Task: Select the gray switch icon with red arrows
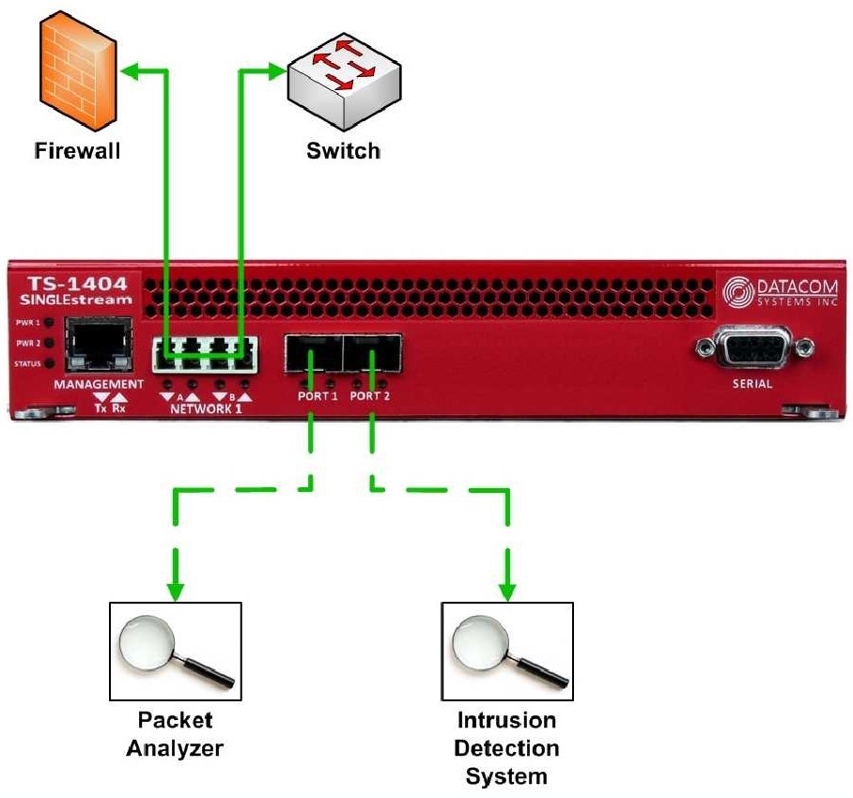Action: pyautogui.click(x=341, y=81)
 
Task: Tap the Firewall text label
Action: pyautogui.click(x=77, y=150)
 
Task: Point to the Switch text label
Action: pyautogui.click(x=343, y=150)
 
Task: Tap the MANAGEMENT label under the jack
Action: pyautogui.click(x=99, y=385)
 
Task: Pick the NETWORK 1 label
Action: pyautogui.click(x=206, y=409)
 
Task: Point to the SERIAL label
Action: pyautogui.click(x=752, y=383)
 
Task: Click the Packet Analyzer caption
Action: pyautogui.click(x=176, y=734)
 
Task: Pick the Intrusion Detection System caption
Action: pyautogui.click(x=507, y=748)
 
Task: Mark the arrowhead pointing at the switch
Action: pyautogui.click(x=278, y=69)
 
